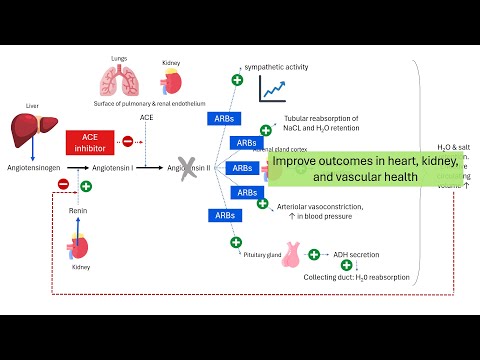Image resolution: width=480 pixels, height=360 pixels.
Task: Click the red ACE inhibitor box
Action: click(x=91, y=142)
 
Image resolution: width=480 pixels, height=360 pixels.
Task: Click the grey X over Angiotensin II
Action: click(x=184, y=168)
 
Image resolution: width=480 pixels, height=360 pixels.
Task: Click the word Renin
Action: click(x=78, y=212)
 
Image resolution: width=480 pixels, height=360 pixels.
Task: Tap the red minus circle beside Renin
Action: click(x=63, y=184)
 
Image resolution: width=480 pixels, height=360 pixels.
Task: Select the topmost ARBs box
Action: click(x=225, y=119)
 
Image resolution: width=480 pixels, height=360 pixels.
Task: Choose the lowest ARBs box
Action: click(x=225, y=215)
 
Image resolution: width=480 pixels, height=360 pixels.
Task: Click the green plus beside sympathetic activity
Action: click(x=237, y=78)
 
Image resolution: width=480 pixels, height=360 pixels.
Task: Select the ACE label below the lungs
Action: click(x=146, y=117)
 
